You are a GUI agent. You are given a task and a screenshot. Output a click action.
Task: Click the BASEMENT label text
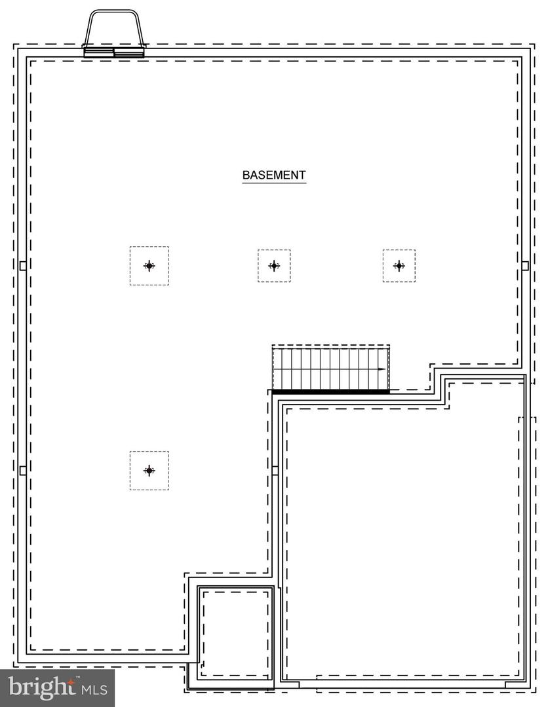click(x=274, y=175)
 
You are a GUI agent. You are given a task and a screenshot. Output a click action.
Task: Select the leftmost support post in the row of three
click(x=149, y=266)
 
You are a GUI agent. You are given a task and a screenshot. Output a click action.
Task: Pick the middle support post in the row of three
click(x=274, y=266)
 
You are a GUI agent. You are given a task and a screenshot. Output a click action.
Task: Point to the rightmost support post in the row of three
click(x=399, y=266)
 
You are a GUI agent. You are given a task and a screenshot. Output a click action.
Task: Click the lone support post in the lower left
click(x=149, y=471)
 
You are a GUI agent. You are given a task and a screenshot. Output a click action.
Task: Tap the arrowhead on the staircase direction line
click(x=382, y=369)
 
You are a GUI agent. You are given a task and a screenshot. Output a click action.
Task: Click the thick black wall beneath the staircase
click(x=331, y=392)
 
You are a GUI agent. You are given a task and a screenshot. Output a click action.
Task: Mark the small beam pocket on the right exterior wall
click(x=525, y=266)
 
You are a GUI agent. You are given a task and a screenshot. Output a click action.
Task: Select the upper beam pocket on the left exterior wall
click(x=23, y=266)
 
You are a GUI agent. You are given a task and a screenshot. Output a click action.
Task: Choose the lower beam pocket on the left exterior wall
click(x=23, y=471)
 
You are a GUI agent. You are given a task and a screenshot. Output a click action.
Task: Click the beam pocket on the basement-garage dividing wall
click(x=275, y=471)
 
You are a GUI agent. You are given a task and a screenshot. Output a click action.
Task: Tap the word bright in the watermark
click(x=41, y=687)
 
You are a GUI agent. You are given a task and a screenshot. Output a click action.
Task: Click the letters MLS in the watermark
click(x=94, y=689)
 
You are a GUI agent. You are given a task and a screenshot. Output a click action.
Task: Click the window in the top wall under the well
click(x=114, y=52)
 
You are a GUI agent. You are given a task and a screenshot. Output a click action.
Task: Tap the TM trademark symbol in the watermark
click(x=77, y=678)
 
